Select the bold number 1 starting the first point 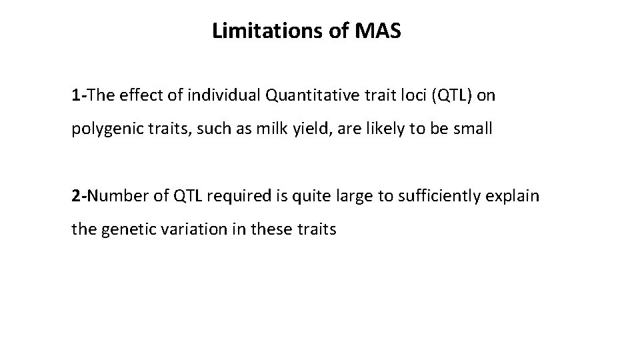(x=76, y=95)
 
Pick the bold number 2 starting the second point (x=76, y=197)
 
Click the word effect (x=135, y=95)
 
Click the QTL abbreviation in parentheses (x=453, y=95)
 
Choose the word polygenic (x=101, y=129)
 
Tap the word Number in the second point (x=114, y=197)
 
